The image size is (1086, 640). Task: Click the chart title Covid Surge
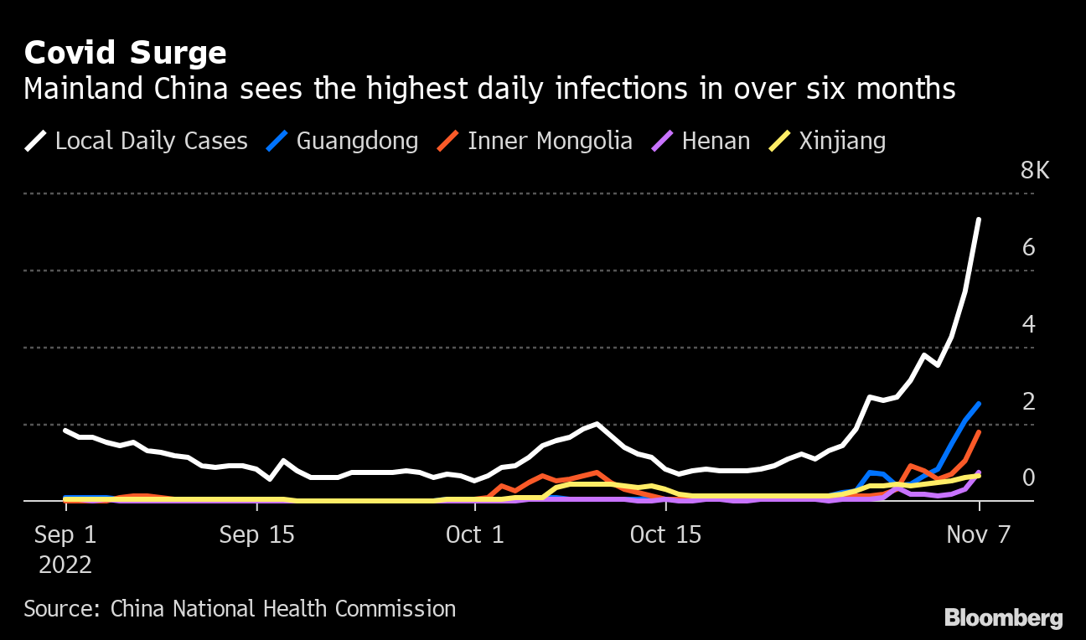click(x=125, y=54)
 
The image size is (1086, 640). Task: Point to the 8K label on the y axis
click(x=1034, y=171)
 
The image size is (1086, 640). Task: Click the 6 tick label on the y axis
click(x=1029, y=248)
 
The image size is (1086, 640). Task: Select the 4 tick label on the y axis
click(x=1029, y=324)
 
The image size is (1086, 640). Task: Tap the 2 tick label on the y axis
click(x=1029, y=401)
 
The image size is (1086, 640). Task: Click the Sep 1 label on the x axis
click(x=65, y=534)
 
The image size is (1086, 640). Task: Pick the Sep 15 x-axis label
click(x=256, y=534)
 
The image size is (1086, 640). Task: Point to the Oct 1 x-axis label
click(x=476, y=534)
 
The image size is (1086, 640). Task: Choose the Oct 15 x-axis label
click(x=665, y=534)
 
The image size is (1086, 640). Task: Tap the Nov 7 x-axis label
click(x=979, y=534)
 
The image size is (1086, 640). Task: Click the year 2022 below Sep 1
click(x=65, y=565)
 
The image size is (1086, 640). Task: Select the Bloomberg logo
click(x=1003, y=618)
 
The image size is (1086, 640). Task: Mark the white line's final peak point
click(x=979, y=219)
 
